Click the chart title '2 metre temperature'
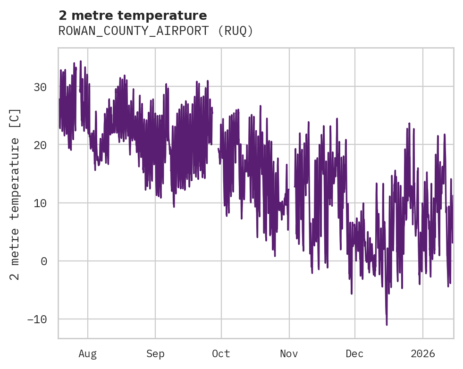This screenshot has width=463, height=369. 133,16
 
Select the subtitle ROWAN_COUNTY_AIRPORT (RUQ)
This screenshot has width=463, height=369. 156,31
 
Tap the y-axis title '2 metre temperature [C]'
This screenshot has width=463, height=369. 16,194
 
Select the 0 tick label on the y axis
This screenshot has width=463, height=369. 44,261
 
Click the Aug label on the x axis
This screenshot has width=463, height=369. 88,353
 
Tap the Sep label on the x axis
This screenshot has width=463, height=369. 155,353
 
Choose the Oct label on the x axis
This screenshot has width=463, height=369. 221,353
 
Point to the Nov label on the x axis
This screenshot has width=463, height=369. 289,353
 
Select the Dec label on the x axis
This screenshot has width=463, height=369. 354,353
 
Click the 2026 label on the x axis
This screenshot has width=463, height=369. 423,353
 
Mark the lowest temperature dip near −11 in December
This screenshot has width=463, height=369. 387,324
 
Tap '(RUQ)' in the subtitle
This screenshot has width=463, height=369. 238,31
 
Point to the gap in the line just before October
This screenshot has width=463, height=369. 215,137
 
